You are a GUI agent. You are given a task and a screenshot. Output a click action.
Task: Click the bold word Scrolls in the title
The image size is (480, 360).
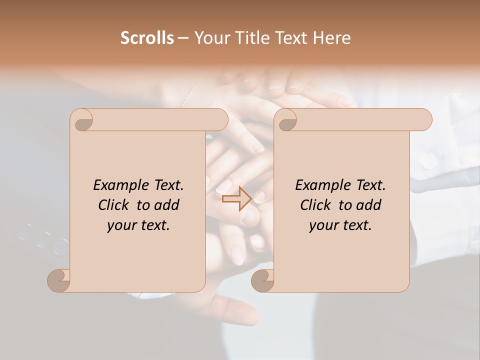pyautogui.click(x=147, y=38)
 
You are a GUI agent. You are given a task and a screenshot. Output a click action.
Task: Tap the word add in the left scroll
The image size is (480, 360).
pyautogui.click(x=167, y=205)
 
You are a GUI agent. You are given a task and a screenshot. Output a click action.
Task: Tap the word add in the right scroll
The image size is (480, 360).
pyautogui.click(x=369, y=205)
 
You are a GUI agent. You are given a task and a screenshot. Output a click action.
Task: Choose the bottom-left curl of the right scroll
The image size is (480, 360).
pyautogui.click(x=263, y=280)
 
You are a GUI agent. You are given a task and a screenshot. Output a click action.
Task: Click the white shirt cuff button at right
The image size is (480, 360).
pyautogui.click(x=428, y=160)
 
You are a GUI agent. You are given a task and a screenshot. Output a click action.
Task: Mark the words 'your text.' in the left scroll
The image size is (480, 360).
pyautogui.click(x=138, y=225)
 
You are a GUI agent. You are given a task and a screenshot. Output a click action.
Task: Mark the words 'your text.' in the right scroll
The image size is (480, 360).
pyautogui.click(x=340, y=225)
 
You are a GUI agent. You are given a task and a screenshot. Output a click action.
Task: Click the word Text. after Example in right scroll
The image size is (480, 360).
pyautogui.click(x=370, y=185)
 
